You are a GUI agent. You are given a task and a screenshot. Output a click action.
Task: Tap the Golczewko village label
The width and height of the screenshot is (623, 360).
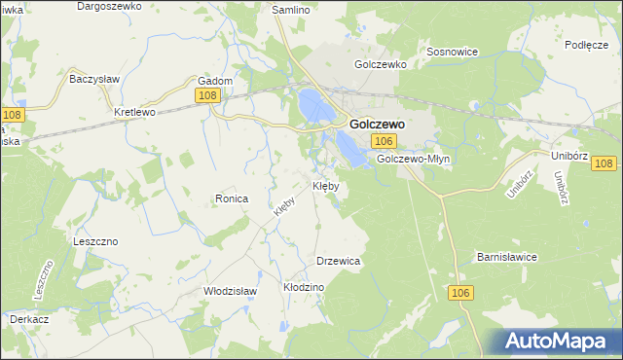pos(380,64)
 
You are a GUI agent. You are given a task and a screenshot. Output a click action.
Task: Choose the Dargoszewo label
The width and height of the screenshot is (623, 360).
pos(109,6)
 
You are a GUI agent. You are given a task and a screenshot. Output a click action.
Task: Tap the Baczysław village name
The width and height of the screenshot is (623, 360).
pos(93,78)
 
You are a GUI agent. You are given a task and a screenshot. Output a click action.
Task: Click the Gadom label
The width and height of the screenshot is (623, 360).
pos(215,81)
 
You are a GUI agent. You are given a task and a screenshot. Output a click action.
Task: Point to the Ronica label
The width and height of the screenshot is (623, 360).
pos(232,198)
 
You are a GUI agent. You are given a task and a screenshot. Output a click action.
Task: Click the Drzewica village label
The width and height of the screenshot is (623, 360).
pos(340,261)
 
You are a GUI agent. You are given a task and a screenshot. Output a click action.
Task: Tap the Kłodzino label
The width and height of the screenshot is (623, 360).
pos(303,288)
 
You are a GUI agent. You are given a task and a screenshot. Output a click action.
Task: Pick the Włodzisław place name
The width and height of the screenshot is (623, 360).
pos(230,291)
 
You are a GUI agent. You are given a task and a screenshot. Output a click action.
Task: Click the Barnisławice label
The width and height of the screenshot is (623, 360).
pos(507,257)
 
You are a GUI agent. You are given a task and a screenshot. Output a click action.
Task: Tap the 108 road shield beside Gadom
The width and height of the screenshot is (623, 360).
pos(206,94)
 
